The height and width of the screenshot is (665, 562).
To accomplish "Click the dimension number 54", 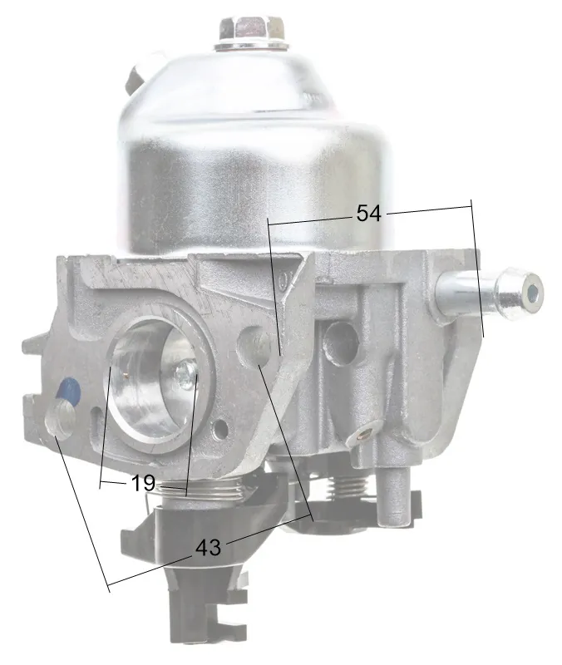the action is (x=368, y=213).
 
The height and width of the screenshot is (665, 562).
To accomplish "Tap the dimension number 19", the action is (x=143, y=483).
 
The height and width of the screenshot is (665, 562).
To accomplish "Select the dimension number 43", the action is (x=209, y=548).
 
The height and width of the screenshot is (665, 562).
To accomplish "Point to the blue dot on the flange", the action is (x=69, y=391).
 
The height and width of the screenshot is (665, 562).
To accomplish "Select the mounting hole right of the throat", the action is (x=255, y=346).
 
